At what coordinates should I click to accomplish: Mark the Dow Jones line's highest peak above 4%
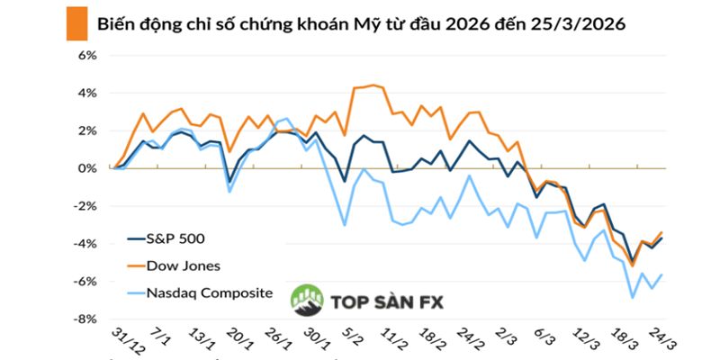373,85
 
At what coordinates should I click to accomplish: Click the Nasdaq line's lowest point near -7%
633,297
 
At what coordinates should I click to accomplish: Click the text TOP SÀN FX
382,303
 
